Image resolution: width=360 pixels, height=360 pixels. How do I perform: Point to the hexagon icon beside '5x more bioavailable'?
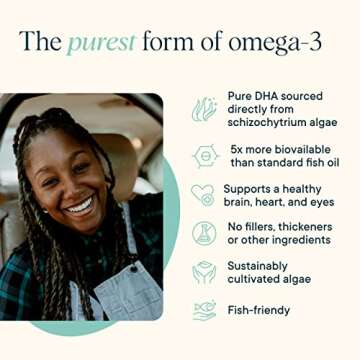click(205, 157)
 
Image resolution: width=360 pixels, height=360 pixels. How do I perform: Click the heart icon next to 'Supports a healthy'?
click(205, 196)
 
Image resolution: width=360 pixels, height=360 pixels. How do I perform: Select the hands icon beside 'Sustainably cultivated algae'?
click(205, 273)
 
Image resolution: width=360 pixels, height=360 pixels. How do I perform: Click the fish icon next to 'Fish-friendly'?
click(205, 311)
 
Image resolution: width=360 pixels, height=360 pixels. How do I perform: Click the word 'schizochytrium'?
click(268, 121)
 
